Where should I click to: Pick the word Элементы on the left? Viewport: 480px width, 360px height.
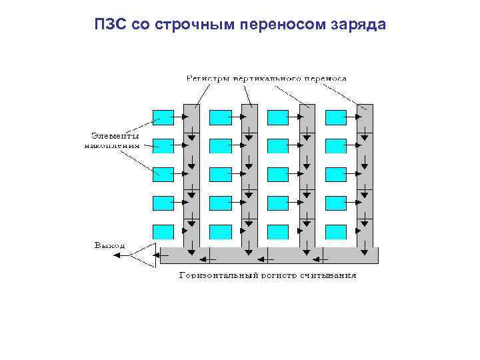[111, 135]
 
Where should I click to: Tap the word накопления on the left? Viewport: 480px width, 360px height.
[112, 143]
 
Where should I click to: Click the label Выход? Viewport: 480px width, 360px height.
[109, 246]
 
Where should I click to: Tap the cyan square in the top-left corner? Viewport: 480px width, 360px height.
[163, 117]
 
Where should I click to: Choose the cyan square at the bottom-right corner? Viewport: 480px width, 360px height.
[336, 232]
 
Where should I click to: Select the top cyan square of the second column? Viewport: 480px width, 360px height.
[220, 117]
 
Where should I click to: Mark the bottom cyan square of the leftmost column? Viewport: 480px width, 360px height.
[163, 232]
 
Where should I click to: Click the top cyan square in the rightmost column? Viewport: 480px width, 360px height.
[336, 117]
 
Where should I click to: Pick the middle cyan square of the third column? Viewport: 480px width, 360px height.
[278, 175]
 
